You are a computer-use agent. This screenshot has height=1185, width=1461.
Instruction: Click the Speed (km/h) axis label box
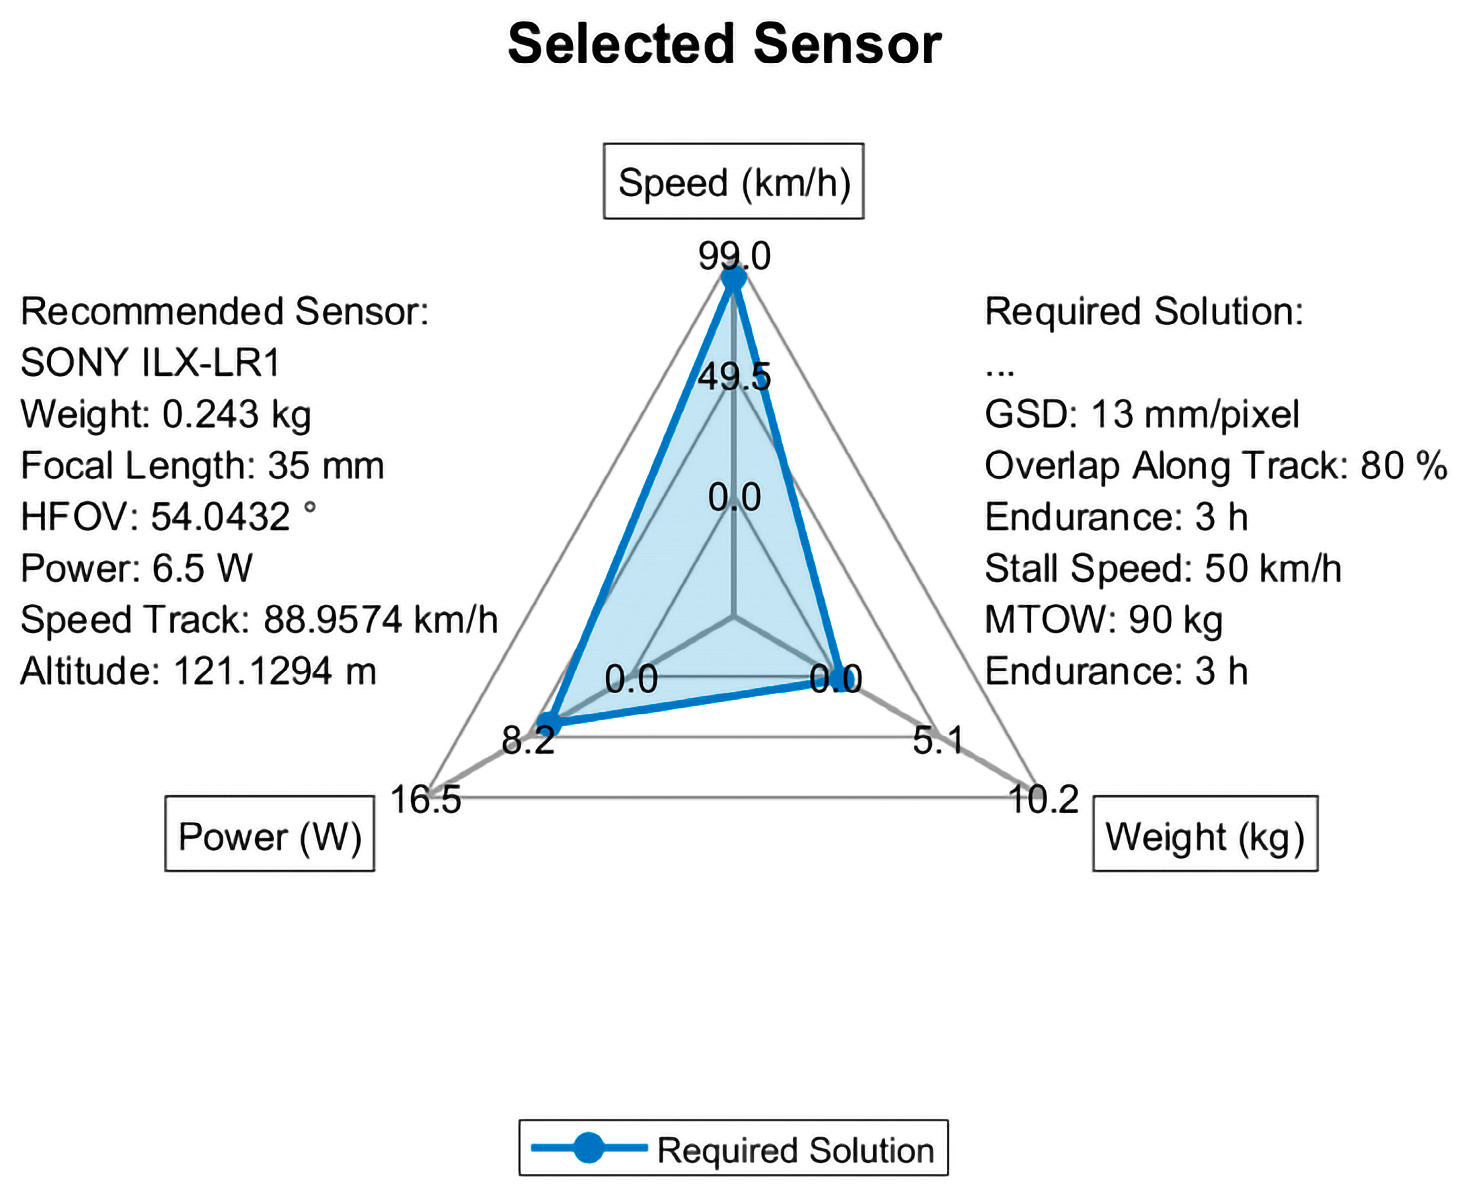733,182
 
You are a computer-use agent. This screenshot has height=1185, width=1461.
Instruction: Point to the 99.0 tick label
734,256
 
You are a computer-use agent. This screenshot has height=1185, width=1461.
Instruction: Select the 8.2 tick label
528,740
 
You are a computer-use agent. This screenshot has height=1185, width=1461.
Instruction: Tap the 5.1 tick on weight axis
938,740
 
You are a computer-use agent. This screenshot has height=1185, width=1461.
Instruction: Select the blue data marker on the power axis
548,724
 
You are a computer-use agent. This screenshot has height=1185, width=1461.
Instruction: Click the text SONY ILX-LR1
150,362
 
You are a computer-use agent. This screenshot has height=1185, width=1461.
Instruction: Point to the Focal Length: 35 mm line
202,466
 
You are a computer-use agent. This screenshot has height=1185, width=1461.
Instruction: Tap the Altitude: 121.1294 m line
198,671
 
